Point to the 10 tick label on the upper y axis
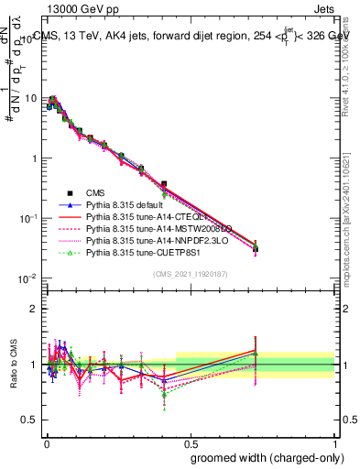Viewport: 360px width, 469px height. click(x=30, y=98)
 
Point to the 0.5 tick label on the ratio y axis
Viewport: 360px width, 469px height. click(x=30, y=420)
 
